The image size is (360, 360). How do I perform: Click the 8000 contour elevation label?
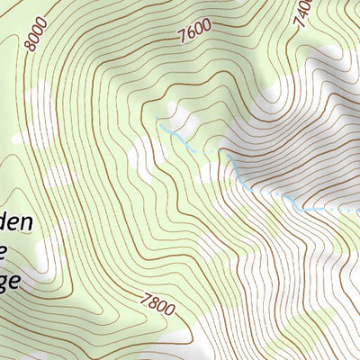(x=37, y=32)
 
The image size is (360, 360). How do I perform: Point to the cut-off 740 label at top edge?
(x=303, y=11)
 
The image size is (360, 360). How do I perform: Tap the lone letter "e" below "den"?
(x=6, y=252)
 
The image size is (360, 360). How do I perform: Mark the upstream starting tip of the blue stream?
(x=157, y=118)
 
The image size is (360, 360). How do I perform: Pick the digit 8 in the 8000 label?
(x=31, y=44)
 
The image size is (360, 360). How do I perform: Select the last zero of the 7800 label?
(x=169, y=312)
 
